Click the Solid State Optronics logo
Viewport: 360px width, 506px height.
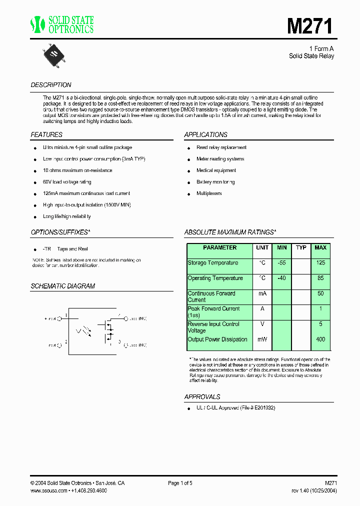62,24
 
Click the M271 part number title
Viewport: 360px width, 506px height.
310,26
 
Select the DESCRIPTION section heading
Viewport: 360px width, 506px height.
51,85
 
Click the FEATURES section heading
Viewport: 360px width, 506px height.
46,135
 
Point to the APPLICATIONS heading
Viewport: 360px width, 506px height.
205,135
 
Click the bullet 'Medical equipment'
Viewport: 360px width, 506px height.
215,170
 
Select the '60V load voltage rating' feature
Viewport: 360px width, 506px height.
67,182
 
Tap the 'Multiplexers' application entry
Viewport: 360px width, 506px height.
209,193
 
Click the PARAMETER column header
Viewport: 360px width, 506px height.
219,248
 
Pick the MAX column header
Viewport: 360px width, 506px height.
320,248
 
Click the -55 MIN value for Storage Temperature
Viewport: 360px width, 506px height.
281,263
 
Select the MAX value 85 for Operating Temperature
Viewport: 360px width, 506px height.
320,278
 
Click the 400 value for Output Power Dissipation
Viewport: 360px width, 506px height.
320,339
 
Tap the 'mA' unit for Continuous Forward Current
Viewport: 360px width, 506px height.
262,294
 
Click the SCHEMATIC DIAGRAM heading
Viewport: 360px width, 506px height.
63,286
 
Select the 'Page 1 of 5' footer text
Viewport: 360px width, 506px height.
180,483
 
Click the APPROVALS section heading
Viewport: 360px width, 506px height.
202,397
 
